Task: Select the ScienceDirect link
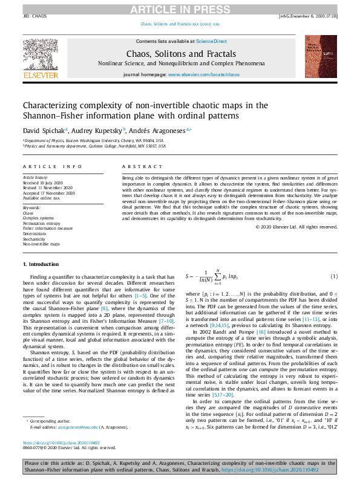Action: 212,41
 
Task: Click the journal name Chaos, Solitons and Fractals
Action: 182,54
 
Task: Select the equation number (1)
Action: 333,276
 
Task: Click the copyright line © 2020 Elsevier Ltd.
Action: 296,227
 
